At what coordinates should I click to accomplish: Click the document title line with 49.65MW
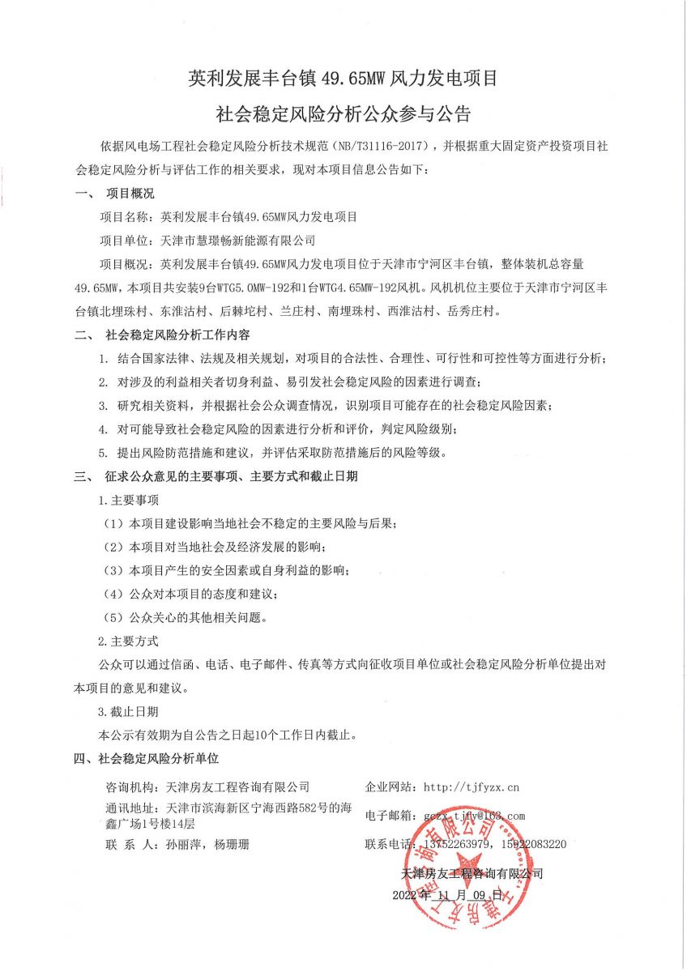tap(342, 79)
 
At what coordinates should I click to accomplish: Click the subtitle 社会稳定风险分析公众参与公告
tap(342, 113)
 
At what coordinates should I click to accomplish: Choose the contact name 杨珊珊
tap(232, 845)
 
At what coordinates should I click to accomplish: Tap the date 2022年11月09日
tap(448, 895)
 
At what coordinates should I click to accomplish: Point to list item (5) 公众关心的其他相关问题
tap(186, 617)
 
